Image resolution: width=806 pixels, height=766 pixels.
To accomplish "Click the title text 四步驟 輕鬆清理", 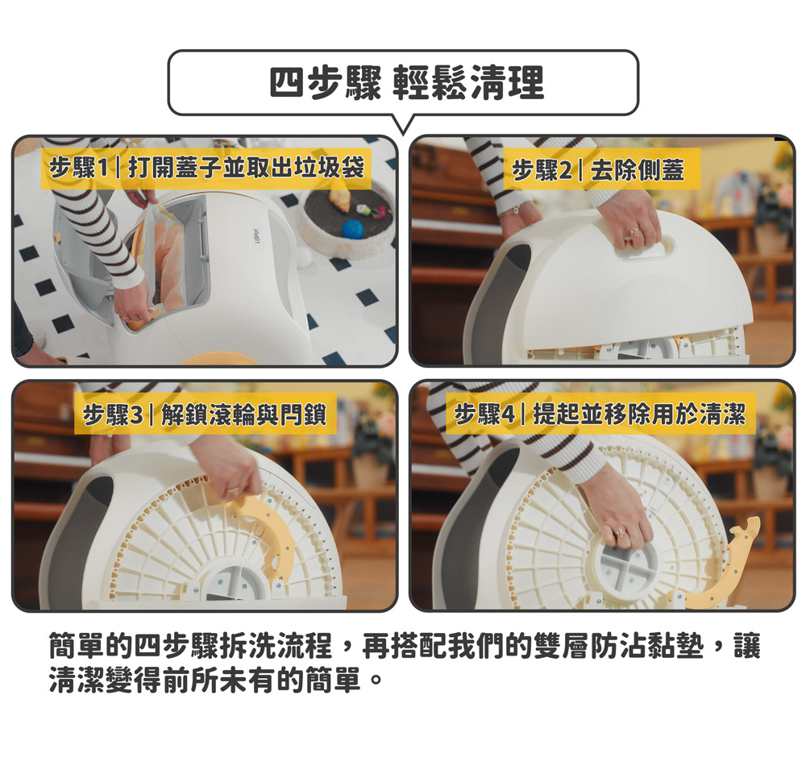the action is pos(406,82).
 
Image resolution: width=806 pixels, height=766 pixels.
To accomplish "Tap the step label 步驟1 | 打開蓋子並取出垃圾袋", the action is pos(206,168).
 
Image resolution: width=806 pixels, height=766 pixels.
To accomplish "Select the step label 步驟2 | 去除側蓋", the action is pos(598,169).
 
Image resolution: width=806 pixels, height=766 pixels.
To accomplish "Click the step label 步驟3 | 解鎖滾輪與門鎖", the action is pos(205,414).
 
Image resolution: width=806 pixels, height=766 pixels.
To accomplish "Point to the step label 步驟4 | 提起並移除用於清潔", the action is pos(600,414).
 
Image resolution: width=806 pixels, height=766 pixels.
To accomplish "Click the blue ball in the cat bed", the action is pos(353,229).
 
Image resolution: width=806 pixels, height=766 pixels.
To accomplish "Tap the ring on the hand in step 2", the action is pos(635,232).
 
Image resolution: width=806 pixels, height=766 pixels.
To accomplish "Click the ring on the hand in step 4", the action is pos(621,532).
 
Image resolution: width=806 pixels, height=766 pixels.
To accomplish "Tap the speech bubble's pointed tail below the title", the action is pos(404,126).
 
